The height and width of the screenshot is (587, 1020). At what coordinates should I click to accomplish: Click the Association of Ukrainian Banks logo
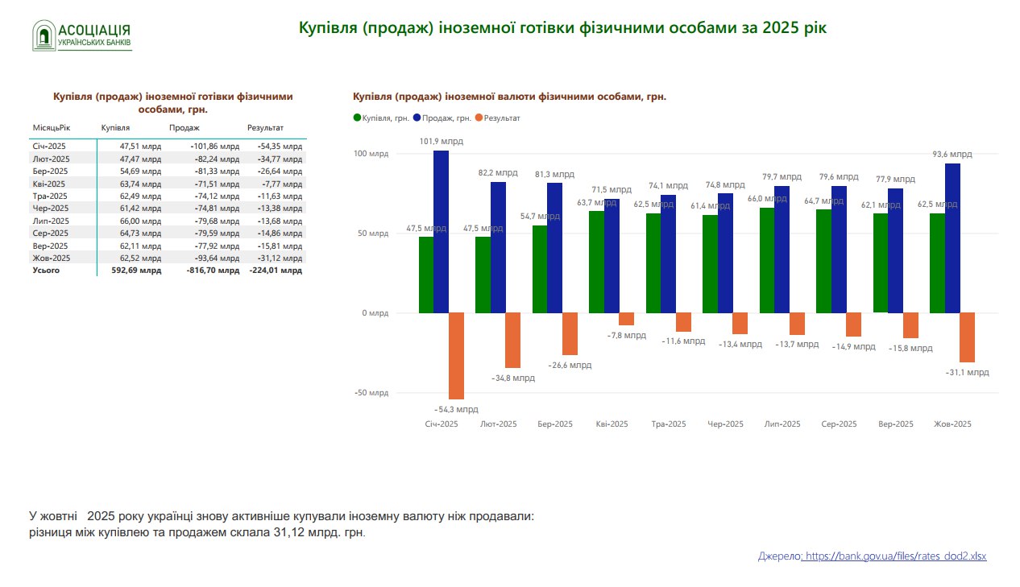(x=81, y=35)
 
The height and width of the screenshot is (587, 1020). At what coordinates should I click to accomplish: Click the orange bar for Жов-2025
(x=967, y=337)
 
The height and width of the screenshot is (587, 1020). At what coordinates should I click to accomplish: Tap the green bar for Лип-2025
(x=767, y=260)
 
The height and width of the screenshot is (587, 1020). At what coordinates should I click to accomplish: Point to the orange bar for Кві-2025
(x=626, y=319)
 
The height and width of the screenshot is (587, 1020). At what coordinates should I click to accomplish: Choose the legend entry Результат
(x=498, y=118)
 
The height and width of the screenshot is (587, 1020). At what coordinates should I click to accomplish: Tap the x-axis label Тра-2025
(x=669, y=424)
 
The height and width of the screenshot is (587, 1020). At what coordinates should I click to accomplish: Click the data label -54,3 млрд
(x=457, y=409)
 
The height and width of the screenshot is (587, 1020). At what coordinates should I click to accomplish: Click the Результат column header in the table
(x=265, y=128)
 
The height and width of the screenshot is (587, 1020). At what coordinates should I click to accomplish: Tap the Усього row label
(x=46, y=271)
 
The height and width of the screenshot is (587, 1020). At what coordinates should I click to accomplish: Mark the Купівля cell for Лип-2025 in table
(x=140, y=221)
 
